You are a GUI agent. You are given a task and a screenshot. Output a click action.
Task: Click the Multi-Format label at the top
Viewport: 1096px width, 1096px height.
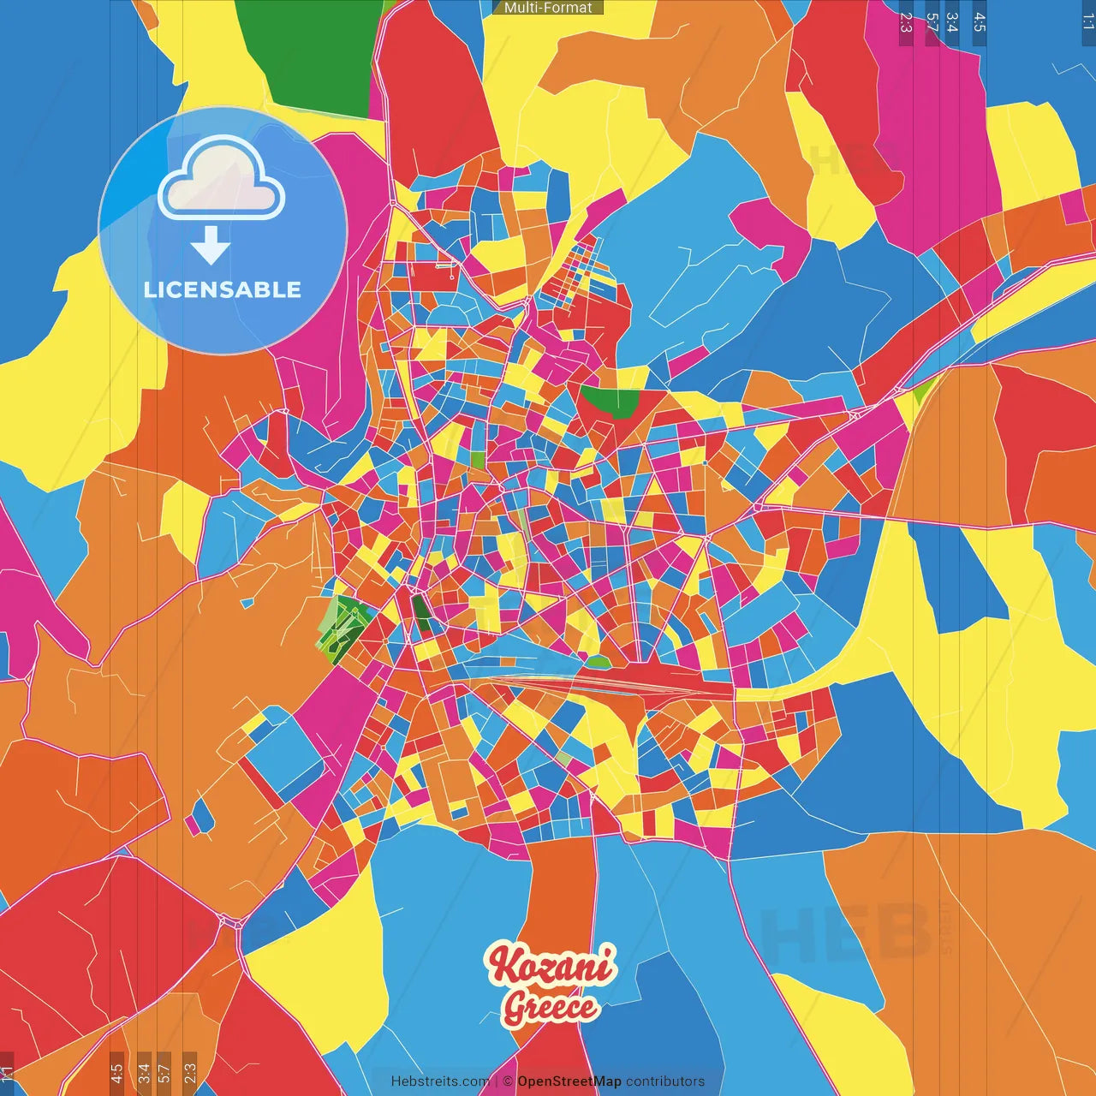coord(548,8)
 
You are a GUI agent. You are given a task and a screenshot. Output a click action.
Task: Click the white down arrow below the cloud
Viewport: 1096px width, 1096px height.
coord(210,245)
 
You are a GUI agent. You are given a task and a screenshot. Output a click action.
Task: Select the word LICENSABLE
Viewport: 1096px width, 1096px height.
coord(223,289)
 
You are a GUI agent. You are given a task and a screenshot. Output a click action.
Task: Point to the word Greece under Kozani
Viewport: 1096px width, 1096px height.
coord(550,1007)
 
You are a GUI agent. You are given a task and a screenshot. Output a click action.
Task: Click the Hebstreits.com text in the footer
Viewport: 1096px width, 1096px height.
coord(440,1081)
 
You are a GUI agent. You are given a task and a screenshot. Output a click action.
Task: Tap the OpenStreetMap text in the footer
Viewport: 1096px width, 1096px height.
coord(569,1081)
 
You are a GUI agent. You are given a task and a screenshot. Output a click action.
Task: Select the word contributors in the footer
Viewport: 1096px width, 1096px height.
coord(665,1081)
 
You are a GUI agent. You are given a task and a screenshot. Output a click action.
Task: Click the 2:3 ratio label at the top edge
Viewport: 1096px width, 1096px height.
coord(906,23)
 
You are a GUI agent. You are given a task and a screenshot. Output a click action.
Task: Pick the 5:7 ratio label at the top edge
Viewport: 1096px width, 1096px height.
coord(932,23)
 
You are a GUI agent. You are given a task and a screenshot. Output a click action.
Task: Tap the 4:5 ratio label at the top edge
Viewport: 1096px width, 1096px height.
coord(980,23)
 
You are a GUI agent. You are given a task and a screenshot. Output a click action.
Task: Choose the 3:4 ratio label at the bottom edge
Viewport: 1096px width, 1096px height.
coord(144,1072)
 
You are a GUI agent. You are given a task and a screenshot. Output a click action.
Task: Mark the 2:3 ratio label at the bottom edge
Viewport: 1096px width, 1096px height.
coord(190,1072)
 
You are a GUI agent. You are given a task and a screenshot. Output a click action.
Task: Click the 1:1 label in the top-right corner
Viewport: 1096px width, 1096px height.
coord(1087,21)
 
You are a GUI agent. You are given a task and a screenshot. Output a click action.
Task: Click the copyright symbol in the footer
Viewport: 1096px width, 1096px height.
coord(508,1081)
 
